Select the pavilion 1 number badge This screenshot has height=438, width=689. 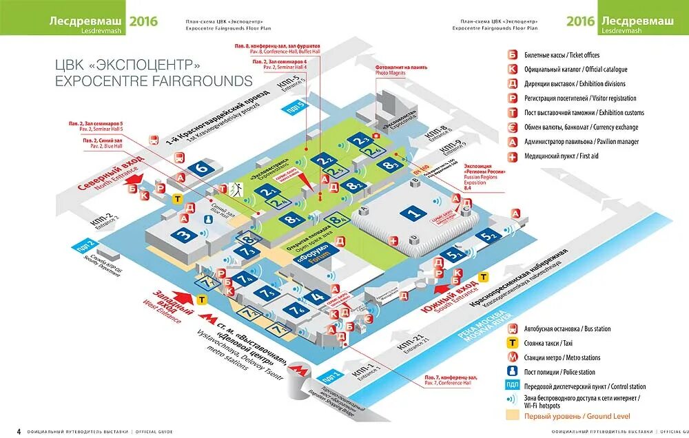[x=413, y=213]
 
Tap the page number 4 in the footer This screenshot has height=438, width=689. [x=19, y=432]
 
